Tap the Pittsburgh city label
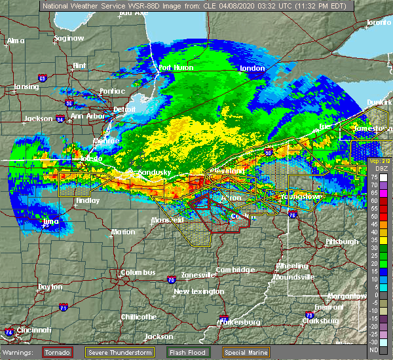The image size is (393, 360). (342, 242)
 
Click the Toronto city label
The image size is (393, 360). (378, 22)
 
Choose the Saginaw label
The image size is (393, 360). (69, 38)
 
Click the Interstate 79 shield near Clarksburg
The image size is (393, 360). (308, 316)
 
